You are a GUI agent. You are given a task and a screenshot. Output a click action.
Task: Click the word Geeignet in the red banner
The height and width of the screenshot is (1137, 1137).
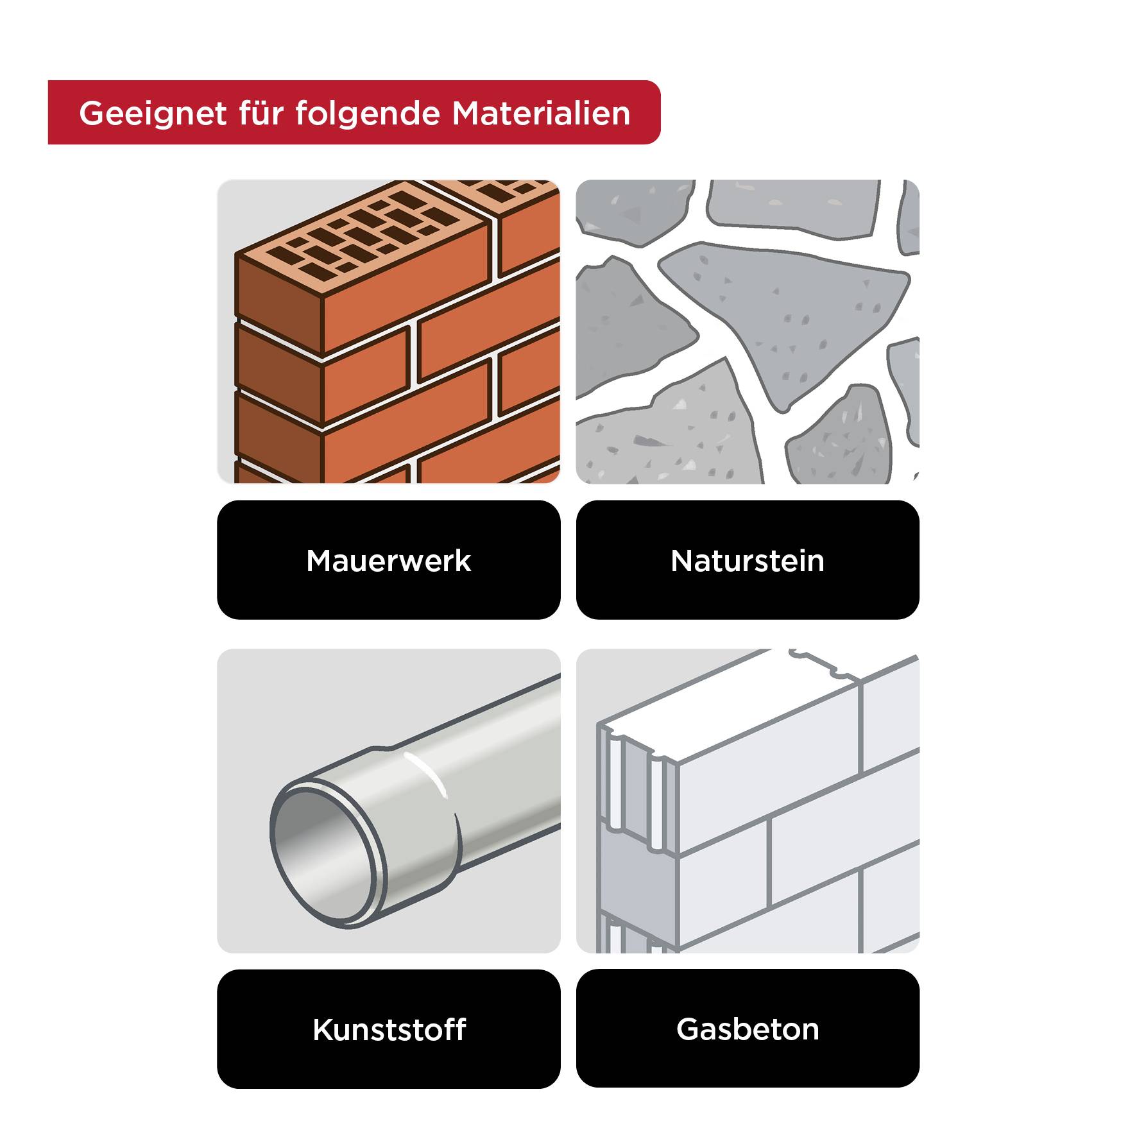point(153,114)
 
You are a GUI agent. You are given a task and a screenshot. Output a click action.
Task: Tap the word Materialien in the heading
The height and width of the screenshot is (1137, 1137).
point(541,114)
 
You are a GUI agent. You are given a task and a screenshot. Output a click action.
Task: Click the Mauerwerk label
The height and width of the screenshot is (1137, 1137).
point(388,560)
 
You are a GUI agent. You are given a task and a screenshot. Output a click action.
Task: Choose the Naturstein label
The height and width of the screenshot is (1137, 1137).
point(747,560)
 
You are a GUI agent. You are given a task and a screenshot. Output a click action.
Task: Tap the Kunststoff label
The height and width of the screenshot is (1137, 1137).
point(388,1029)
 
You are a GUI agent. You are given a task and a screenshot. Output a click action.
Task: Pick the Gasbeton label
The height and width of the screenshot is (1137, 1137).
point(747,1029)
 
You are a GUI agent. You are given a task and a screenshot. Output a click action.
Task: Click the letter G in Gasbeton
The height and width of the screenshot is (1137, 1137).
point(688,1029)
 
